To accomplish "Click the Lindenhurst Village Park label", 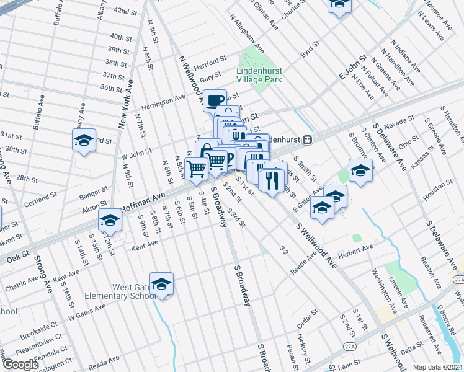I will [x=259, y=75].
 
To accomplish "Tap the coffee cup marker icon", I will [x=215, y=100].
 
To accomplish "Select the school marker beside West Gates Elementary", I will [x=161, y=284].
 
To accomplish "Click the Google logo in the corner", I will [x=20, y=365].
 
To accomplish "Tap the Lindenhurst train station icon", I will [x=316, y=139].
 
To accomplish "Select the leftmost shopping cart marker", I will [x=196, y=167].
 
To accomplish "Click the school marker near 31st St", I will [x=84, y=140].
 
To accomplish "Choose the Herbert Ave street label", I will [x=356, y=249].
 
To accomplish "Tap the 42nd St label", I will [x=125, y=12].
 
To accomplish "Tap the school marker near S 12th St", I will [x=110, y=219].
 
